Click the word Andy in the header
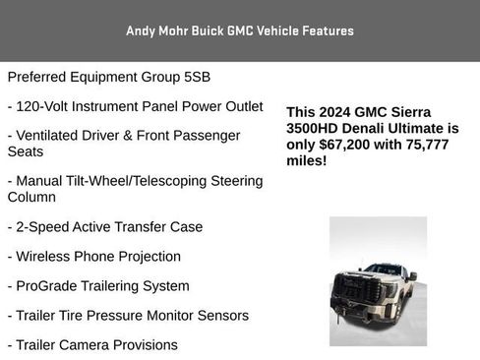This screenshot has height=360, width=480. click(x=140, y=30)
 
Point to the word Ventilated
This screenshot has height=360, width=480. click(x=50, y=135)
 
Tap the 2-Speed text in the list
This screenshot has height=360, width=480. click(x=42, y=226)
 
